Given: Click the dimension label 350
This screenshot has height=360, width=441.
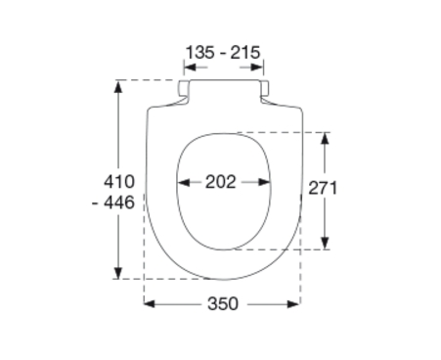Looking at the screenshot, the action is coord(223,304).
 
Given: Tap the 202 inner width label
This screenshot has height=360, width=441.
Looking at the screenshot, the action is coord(220,182).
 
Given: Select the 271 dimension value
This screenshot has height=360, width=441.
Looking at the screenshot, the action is coord(323,188).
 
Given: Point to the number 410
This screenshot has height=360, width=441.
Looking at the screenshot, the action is coord(119,182).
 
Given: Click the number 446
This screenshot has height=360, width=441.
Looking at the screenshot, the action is coord(119,202).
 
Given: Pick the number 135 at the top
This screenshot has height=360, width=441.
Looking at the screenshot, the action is coord(200,53).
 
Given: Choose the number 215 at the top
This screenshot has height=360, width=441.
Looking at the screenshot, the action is coord(245,53).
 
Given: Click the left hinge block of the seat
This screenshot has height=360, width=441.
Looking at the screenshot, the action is coord(184,88).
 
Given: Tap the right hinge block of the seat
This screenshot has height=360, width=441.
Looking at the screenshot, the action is coord(265,88).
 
